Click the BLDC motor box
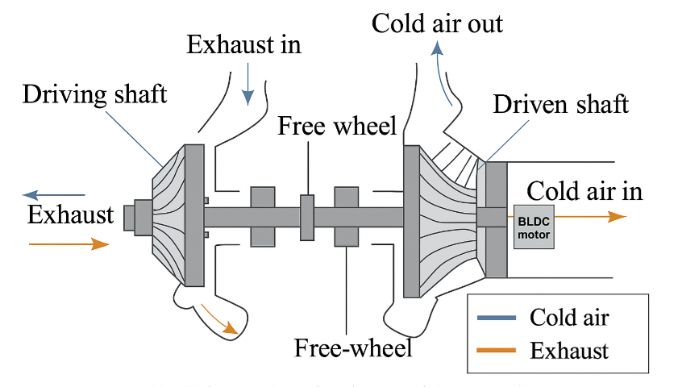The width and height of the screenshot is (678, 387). point(532,226)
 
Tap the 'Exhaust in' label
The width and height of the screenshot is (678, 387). point(243,44)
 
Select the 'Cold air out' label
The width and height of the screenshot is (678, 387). point(437,23)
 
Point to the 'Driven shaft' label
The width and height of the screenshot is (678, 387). point(560,105)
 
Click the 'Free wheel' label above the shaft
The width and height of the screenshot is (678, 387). point(337,126)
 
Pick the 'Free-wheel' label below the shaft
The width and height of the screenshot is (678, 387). point(353,347)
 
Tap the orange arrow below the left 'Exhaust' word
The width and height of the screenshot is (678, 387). point(68,243)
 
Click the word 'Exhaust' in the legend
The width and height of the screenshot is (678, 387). point(568,351)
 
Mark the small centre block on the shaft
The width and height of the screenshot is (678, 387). point(307,216)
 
